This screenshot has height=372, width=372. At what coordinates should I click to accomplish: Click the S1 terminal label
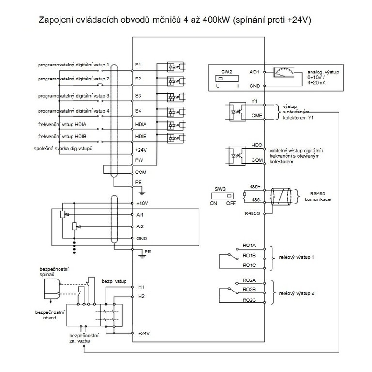[138, 64]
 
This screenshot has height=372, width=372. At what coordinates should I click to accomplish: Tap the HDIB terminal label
[141, 137]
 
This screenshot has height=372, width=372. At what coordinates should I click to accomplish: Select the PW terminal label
[138, 160]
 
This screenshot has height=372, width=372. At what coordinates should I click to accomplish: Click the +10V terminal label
[141, 203]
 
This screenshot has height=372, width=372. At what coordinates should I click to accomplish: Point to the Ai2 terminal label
[139, 226]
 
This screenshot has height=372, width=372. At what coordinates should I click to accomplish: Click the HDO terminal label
[257, 146]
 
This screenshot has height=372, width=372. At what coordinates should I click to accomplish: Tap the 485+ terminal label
[254, 186]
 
